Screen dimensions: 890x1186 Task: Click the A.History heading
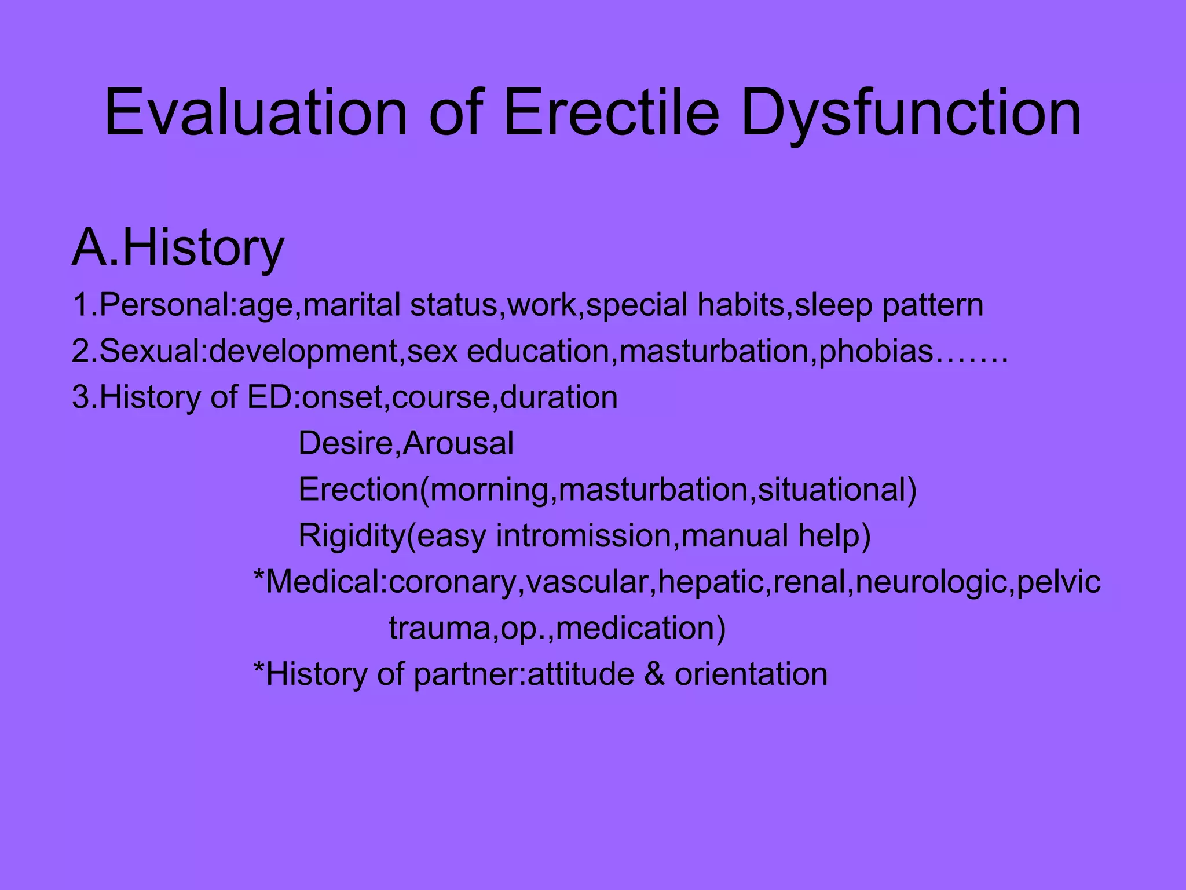click(178, 248)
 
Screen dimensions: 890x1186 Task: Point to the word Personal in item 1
click(164, 305)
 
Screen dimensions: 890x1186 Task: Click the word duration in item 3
click(558, 398)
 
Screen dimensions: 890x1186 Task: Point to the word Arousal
click(458, 444)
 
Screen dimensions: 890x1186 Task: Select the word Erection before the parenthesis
click(358, 490)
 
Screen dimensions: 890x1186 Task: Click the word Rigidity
click(352, 536)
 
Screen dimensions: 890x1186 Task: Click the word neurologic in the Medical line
click(931, 582)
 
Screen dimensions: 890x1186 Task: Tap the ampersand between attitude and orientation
click(654, 674)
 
